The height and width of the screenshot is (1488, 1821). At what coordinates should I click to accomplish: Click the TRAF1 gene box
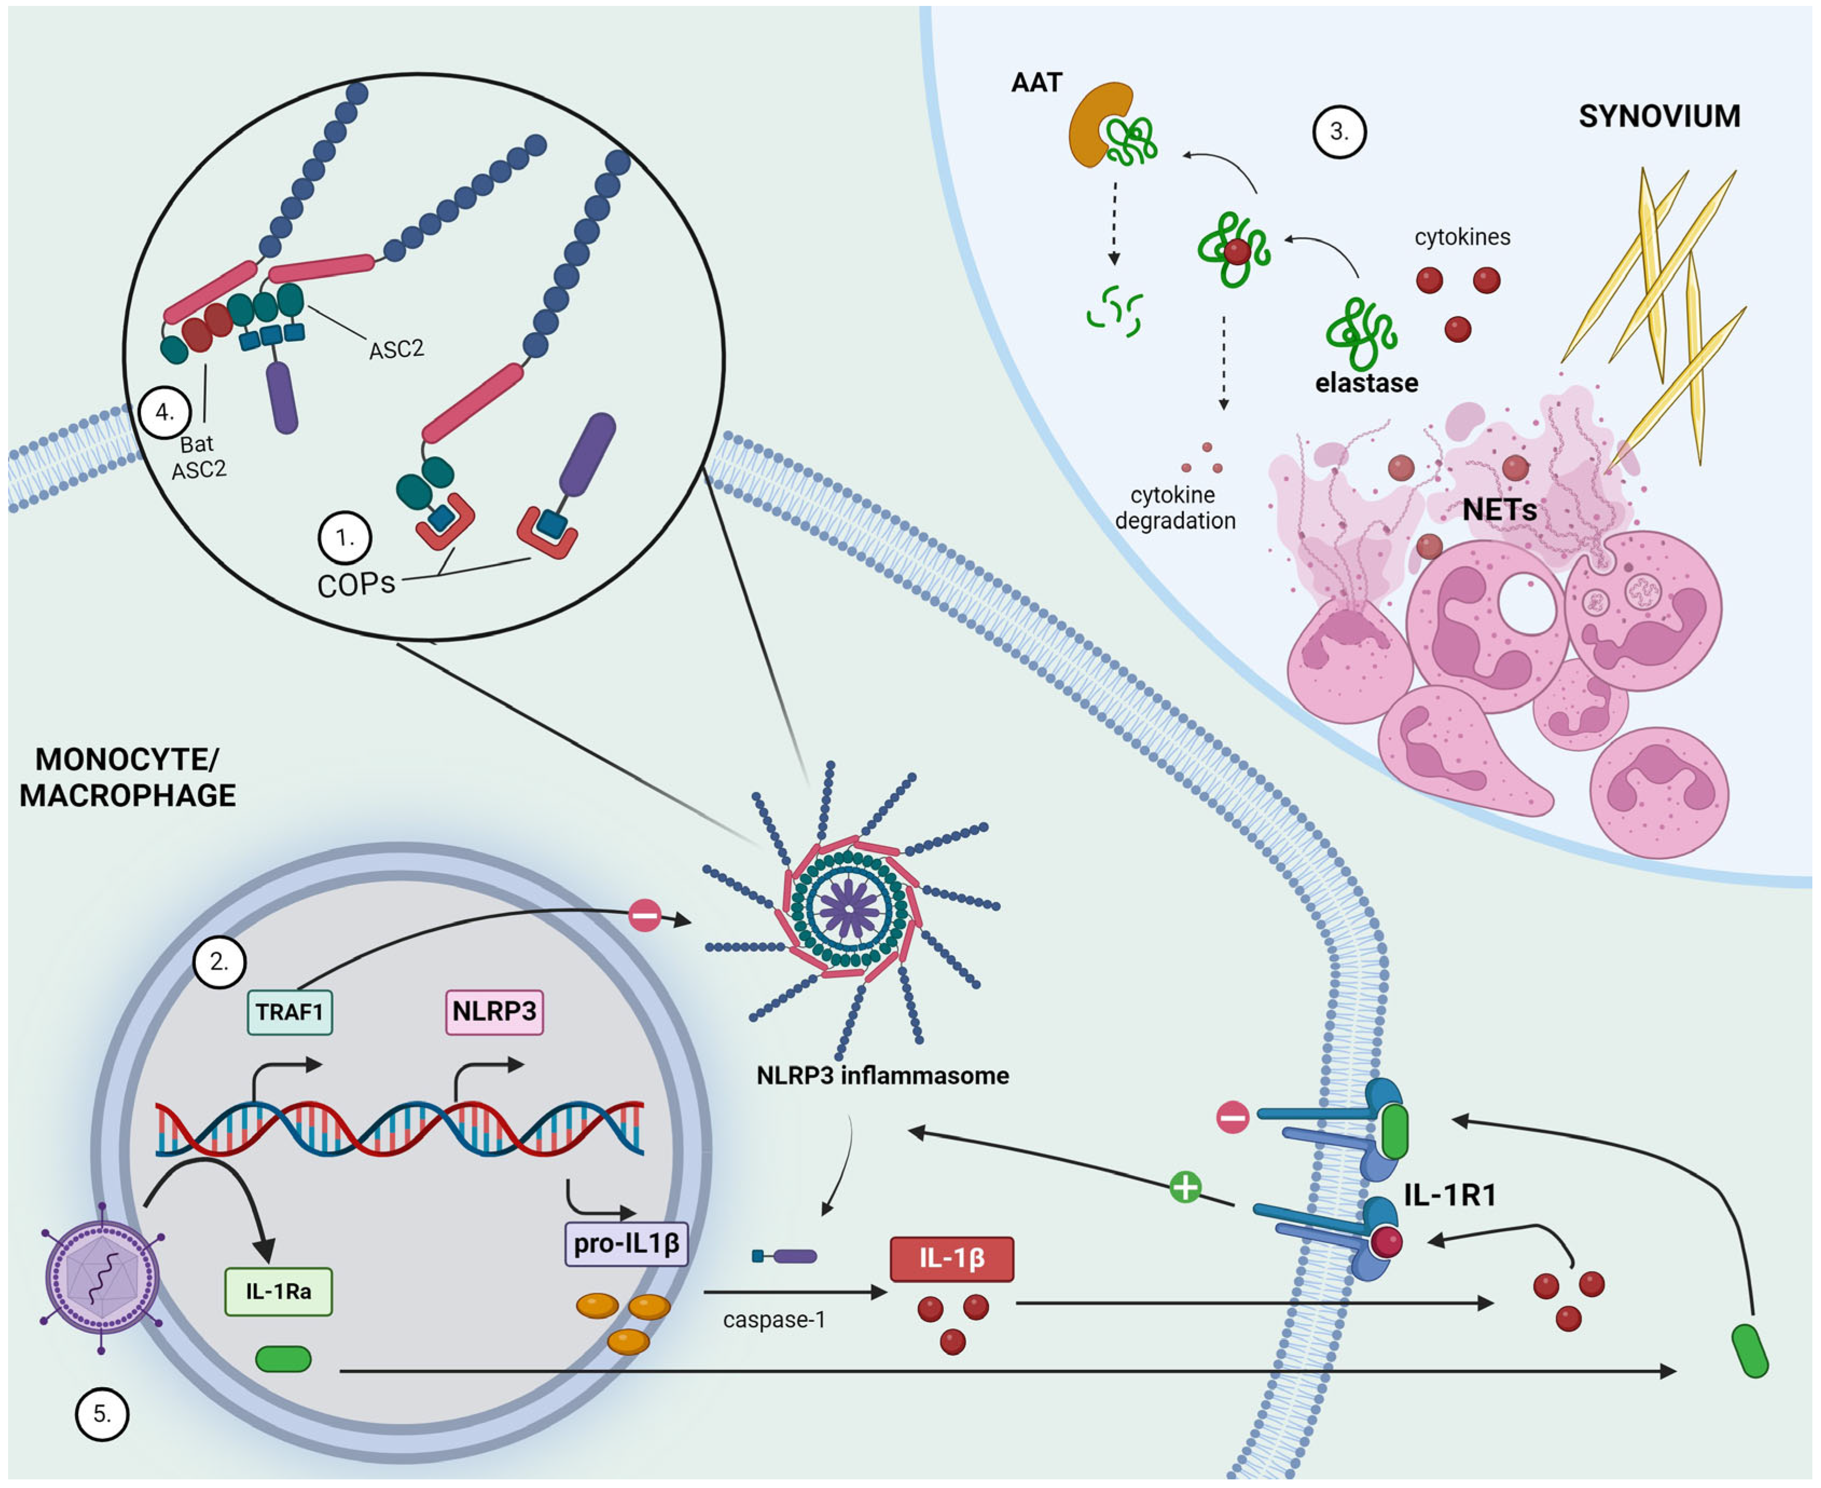point(290,1012)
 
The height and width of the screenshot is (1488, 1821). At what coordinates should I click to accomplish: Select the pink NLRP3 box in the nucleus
point(494,1011)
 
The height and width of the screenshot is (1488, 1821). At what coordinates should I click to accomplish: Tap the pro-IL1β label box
point(627,1244)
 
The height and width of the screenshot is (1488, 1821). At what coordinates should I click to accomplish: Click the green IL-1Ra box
point(279,1292)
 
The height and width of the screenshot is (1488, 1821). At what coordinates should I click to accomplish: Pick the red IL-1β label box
point(952,1259)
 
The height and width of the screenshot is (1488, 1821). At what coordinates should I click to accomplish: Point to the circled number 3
point(1339,132)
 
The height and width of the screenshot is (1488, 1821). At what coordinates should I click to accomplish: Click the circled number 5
point(102,1414)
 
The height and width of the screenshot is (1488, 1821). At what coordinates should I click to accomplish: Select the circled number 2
point(219,962)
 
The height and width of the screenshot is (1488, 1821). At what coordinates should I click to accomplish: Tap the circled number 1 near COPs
point(345,538)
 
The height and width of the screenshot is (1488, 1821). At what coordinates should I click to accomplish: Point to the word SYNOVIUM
point(1659,116)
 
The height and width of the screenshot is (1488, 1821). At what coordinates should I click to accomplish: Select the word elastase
point(1366,383)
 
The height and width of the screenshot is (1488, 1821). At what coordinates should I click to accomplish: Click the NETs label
point(1500,510)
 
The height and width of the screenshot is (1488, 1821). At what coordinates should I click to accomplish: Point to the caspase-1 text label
point(774,1320)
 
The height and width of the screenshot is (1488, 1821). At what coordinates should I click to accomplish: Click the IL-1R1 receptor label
point(1450,1195)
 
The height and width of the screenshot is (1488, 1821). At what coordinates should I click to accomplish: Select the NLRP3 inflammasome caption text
point(882,1076)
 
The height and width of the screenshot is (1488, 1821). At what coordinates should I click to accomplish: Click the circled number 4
point(164,412)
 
